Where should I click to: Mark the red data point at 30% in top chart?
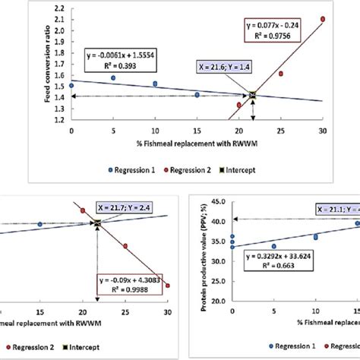click(322, 19)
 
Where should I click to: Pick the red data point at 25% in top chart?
click(280, 74)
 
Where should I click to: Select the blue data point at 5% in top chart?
click(113, 77)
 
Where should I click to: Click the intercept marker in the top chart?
click(253, 95)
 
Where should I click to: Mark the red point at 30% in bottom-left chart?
click(167, 286)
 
